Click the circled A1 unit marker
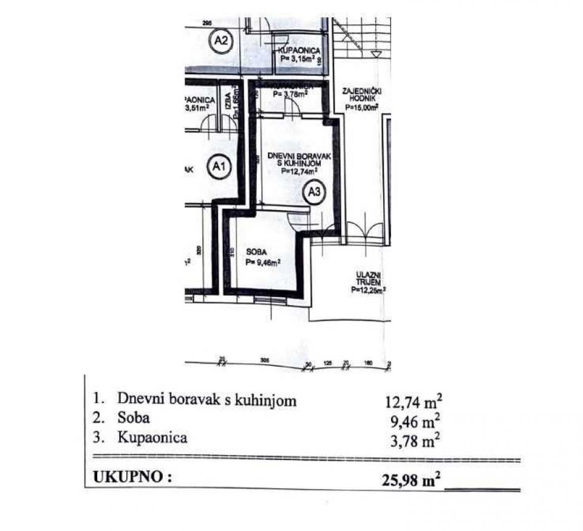(x=219, y=167)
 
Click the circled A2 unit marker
(x=222, y=41)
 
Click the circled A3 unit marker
(x=315, y=193)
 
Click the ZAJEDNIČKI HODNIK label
(x=361, y=94)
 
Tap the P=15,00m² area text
(x=362, y=106)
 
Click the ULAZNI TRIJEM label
(x=369, y=279)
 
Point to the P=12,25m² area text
(x=369, y=290)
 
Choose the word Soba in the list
(x=134, y=418)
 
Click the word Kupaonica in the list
(x=152, y=437)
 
